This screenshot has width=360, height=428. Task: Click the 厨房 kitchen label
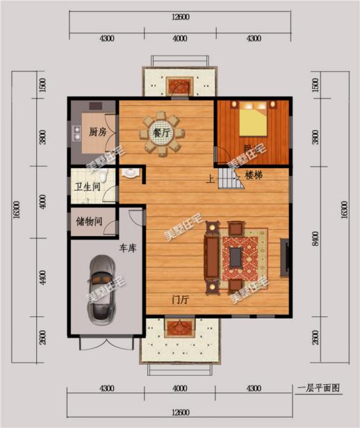(x=97, y=131)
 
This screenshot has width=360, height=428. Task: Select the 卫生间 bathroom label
(x=88, y=186)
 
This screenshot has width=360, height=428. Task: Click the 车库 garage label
(x=126, y=248)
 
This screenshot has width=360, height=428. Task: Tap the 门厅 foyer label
(x=181, y=299)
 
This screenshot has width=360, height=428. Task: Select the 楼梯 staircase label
(x=255, y=174)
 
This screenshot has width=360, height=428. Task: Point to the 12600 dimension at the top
(x=179, y=16)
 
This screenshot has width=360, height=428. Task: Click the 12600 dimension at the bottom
(x=179, y=413)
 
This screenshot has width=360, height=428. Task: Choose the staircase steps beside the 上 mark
(x=230, y=179)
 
